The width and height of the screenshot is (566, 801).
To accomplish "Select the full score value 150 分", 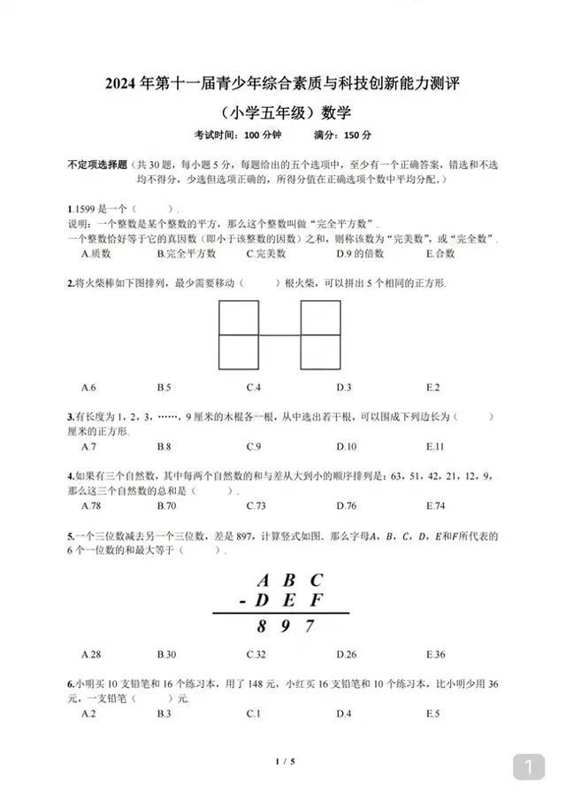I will coord(356,135).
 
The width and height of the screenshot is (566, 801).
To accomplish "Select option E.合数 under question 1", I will coord(440,253).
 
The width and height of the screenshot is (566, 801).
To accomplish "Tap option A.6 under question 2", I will coord(88,387).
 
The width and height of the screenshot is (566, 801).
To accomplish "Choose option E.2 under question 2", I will coord(432,387).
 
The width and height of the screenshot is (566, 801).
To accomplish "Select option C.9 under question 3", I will coord(254,446).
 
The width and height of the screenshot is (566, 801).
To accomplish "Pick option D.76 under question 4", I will coord(346,505).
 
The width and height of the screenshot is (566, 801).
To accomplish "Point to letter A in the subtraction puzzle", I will coord(263,581).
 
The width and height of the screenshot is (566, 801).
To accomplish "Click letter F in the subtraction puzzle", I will coord(316,601).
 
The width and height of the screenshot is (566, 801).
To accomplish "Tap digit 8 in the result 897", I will coord(263,628).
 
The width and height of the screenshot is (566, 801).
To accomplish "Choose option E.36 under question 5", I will coord(435,654).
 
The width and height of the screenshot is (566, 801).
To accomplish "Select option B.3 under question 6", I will coord(164,713).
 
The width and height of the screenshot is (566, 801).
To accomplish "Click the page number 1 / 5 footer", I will coord(283,762).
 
